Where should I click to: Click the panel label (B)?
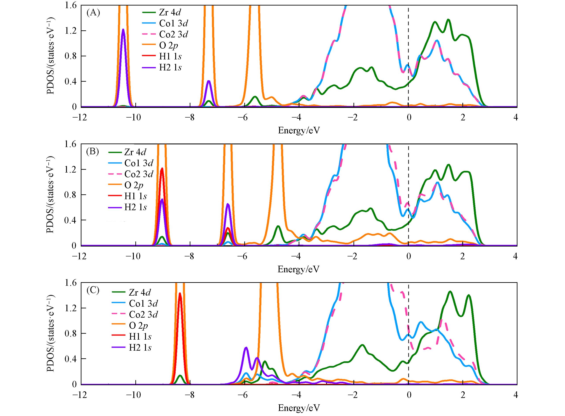click(x=92, y=152)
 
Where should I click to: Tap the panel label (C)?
click(x=93, y=290)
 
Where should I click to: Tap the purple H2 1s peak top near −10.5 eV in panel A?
click(x=123, y=29)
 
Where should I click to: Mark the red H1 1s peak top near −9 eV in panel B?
click(x=162, y=168)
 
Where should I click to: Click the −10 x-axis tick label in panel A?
click(x=133, y=118)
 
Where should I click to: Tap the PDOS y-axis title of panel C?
click(x=50, y=334)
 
